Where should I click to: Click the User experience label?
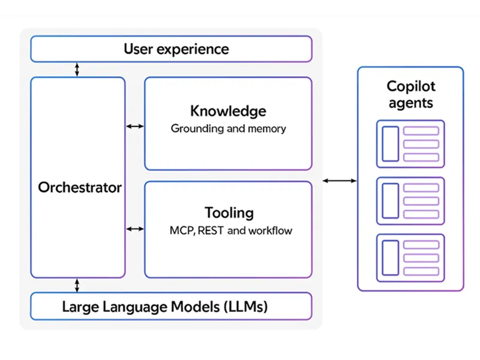pyautogui.click(x=176, y=49)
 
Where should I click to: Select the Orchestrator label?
pyautogui.click(x=80, y=187)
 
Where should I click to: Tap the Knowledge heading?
pyautogui.click(x=228, y=111)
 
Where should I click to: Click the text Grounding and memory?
pyautogui.click(x=228, y=128)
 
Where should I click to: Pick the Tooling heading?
pyautogui.click(x=229, y=213)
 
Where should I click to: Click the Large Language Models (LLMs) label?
pyautogui.click(x=164, y=307)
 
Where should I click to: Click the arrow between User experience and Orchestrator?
pyautogui.click(x=77, y=70)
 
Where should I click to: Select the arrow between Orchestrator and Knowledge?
pyautogui.click(x=135, y=127)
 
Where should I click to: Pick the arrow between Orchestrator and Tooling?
pyautogui.click(x=135, y=229)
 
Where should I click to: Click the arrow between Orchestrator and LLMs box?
pyautogui.click(x=77, y=285)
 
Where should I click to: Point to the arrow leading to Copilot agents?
pyautogui.click(x=340, y=180)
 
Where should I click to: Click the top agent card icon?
pyautogui.click(x=410, y=144)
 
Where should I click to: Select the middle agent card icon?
pyautogui.click(x=410, y=201)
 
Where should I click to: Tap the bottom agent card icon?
pyautogui.click(x=410, y=258)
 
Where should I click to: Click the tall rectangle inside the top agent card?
pyautogui.click(x=391, y=144)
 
